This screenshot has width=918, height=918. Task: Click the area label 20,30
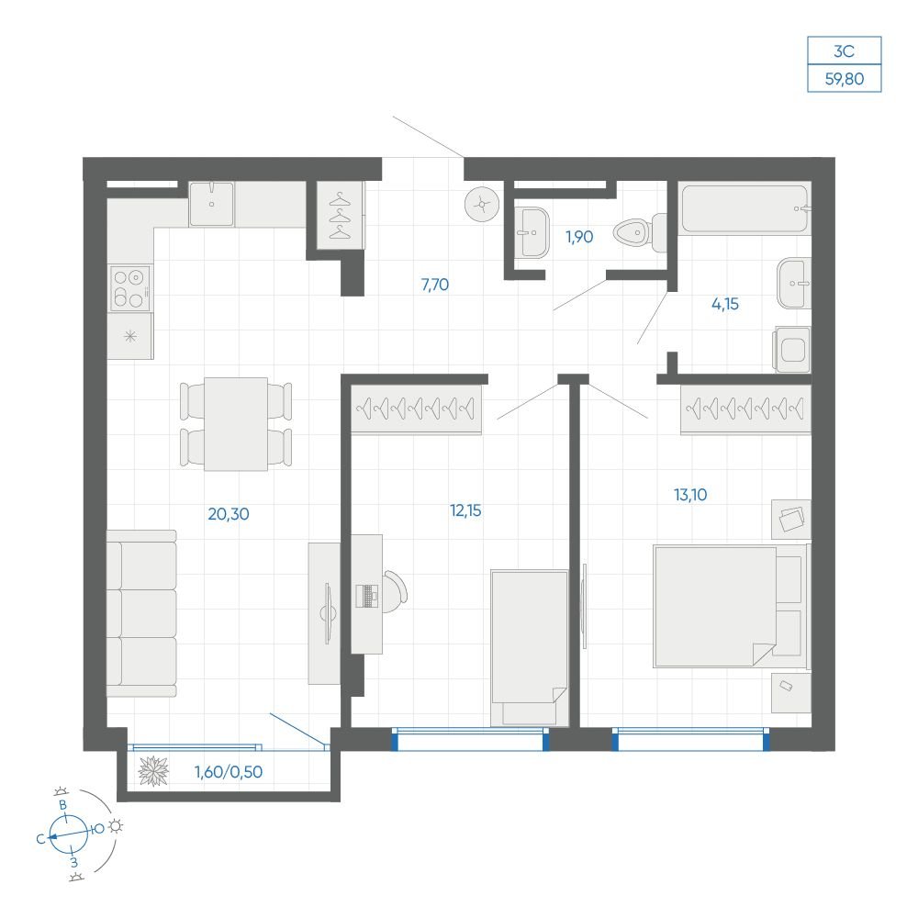229,514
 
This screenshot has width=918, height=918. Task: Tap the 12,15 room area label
465,510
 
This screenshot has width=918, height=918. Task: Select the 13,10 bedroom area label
690,495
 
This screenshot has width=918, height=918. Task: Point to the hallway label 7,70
435,285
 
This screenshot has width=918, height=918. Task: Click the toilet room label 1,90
579,237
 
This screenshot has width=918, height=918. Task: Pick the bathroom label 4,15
725,304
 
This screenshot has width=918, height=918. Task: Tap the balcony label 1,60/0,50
229,772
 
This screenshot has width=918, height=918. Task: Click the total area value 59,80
845,78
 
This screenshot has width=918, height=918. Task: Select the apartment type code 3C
845,50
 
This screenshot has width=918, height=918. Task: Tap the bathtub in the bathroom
745,209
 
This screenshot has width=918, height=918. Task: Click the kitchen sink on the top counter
211,204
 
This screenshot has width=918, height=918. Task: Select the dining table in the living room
236,424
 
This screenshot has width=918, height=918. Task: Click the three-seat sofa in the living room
141,613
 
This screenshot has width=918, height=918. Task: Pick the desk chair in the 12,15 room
395,592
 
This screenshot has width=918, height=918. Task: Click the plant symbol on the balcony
153,771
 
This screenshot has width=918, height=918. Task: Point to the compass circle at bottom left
69,834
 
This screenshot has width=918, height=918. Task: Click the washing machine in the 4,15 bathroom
793,350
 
